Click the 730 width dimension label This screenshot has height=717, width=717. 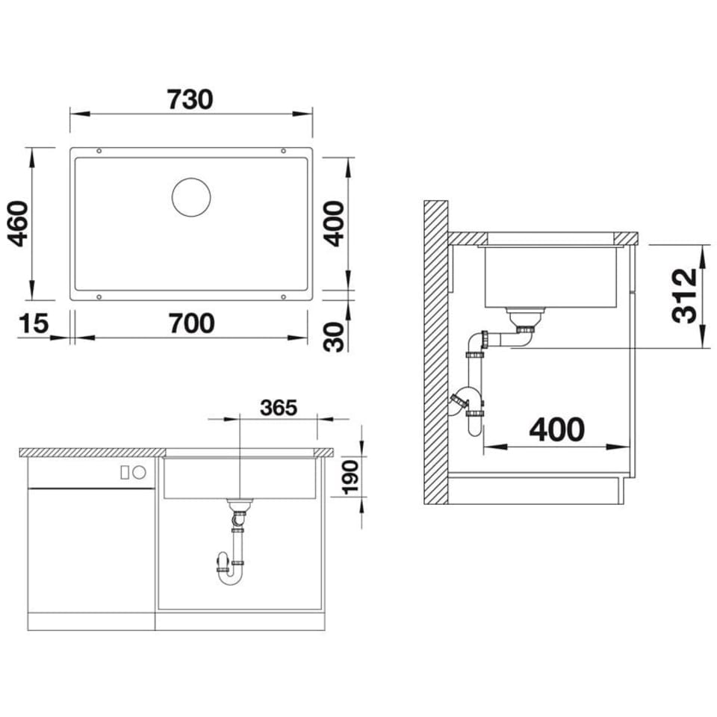(x=190, y=99)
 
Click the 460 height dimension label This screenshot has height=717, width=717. (x=19, y=224)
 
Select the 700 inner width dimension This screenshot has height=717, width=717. (x=191, y=323)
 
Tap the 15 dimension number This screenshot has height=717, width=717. (x=34, y=323)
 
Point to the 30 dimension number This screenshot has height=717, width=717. (x=334, y=337)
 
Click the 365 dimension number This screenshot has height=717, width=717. (x=278, y=408)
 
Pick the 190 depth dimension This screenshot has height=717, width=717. (x=351, y=477)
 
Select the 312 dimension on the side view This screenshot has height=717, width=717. (x=685, y=296)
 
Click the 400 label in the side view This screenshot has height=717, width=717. (x=556, y=430)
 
